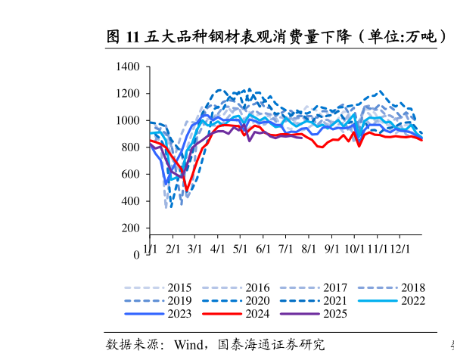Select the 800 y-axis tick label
(131, 147)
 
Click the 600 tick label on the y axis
(131, 175)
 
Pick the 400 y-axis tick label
(131, 201)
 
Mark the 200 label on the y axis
(131, 228)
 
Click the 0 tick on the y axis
(137, 256)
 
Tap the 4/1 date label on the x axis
(218, 247)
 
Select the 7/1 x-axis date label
(286, 247)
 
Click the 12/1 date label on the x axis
(400, 247)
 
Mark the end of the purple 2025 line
(302, 138)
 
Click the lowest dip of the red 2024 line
(186, 190)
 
